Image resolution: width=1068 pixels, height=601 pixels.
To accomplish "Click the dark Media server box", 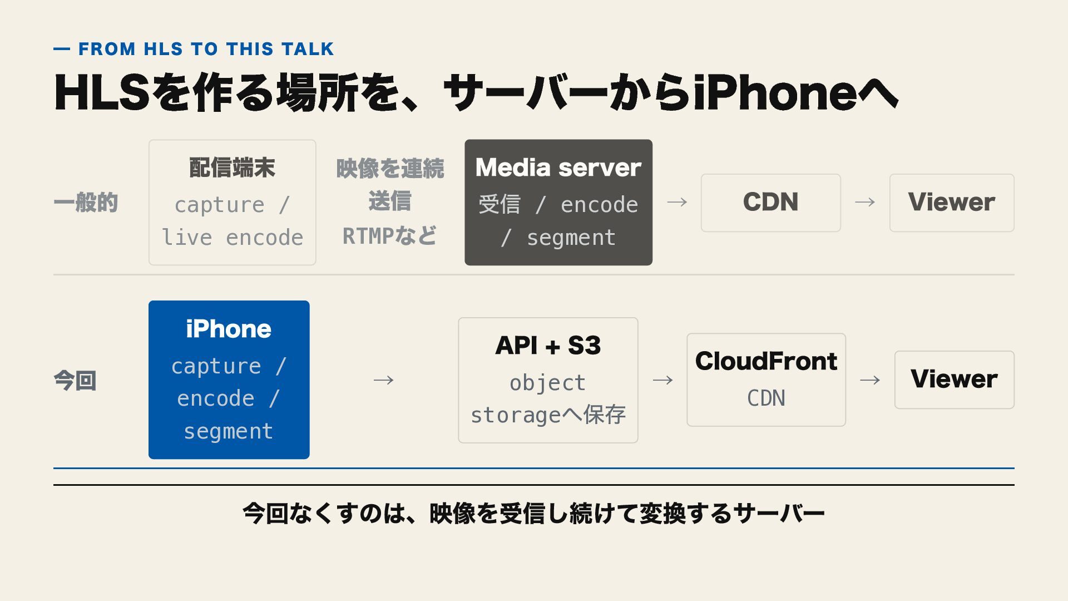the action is tap(558, 203).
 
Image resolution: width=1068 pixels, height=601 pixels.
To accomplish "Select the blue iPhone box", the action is tap(229, 380).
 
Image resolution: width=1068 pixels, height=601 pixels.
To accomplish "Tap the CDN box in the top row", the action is tap(770, 203).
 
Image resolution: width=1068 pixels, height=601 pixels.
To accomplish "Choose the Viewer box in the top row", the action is tap(952, 203).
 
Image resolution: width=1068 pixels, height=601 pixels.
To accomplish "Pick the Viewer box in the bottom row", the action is tap(955, 380).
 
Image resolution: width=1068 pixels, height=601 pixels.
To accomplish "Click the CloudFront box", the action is tap(766, 380).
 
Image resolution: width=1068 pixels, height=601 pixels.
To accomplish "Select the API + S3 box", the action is tap(548, 380).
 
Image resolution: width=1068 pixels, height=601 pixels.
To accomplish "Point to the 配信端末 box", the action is tap(233, 203).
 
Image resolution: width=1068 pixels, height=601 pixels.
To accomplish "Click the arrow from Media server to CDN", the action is tap(677, 202).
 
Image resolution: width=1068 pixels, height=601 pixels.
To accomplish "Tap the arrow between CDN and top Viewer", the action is tap(865, 202).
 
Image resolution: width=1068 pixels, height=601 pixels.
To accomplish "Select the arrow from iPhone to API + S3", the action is tap(384, 380).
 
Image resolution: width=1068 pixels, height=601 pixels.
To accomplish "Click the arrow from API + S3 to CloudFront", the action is tap(662, 380).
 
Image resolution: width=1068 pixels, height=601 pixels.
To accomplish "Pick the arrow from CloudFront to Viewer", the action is tap(870, 380).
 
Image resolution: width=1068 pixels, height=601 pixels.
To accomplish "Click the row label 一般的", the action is tap(86, 203).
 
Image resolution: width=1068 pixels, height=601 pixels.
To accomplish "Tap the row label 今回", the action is tap(75, 381).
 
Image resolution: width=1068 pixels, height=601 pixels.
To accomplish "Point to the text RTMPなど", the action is tap(389, 236).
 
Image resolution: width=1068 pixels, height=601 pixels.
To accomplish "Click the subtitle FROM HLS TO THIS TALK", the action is tap(206, 49).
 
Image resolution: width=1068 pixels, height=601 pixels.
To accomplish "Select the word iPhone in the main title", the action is tap(775, 92).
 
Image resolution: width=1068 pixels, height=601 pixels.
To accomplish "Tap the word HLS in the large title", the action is tap(102, 92).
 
